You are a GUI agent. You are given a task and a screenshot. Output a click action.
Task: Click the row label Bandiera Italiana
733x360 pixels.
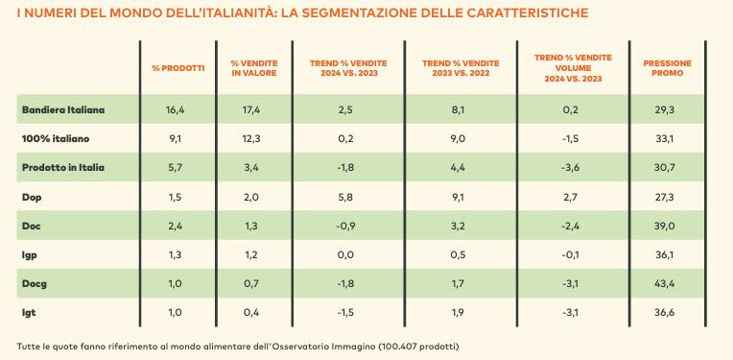63,110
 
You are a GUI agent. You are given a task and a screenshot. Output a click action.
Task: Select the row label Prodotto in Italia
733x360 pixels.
63,168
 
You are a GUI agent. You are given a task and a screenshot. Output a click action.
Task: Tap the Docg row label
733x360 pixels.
35,284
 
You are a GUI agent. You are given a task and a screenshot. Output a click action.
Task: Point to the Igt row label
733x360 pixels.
29,313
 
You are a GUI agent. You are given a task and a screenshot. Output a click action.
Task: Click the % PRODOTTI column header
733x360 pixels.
178,68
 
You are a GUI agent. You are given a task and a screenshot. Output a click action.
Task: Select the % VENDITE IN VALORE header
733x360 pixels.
254,68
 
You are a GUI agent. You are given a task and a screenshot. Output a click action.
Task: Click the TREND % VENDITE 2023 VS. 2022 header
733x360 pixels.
461,68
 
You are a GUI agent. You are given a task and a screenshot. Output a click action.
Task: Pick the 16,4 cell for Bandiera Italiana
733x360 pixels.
178,110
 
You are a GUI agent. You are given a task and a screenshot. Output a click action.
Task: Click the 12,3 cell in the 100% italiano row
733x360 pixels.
254,139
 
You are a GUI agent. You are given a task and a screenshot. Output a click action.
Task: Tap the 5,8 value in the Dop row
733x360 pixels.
348,197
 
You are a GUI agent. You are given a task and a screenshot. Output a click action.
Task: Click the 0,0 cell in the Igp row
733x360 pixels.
348,254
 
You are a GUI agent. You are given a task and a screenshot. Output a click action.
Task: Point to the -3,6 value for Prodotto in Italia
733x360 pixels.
573,168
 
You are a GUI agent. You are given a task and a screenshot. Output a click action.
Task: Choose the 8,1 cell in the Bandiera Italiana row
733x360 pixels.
460,110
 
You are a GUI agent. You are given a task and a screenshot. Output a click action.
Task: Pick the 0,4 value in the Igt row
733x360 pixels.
255,313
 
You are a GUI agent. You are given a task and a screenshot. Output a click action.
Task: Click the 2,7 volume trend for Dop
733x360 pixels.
573,197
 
